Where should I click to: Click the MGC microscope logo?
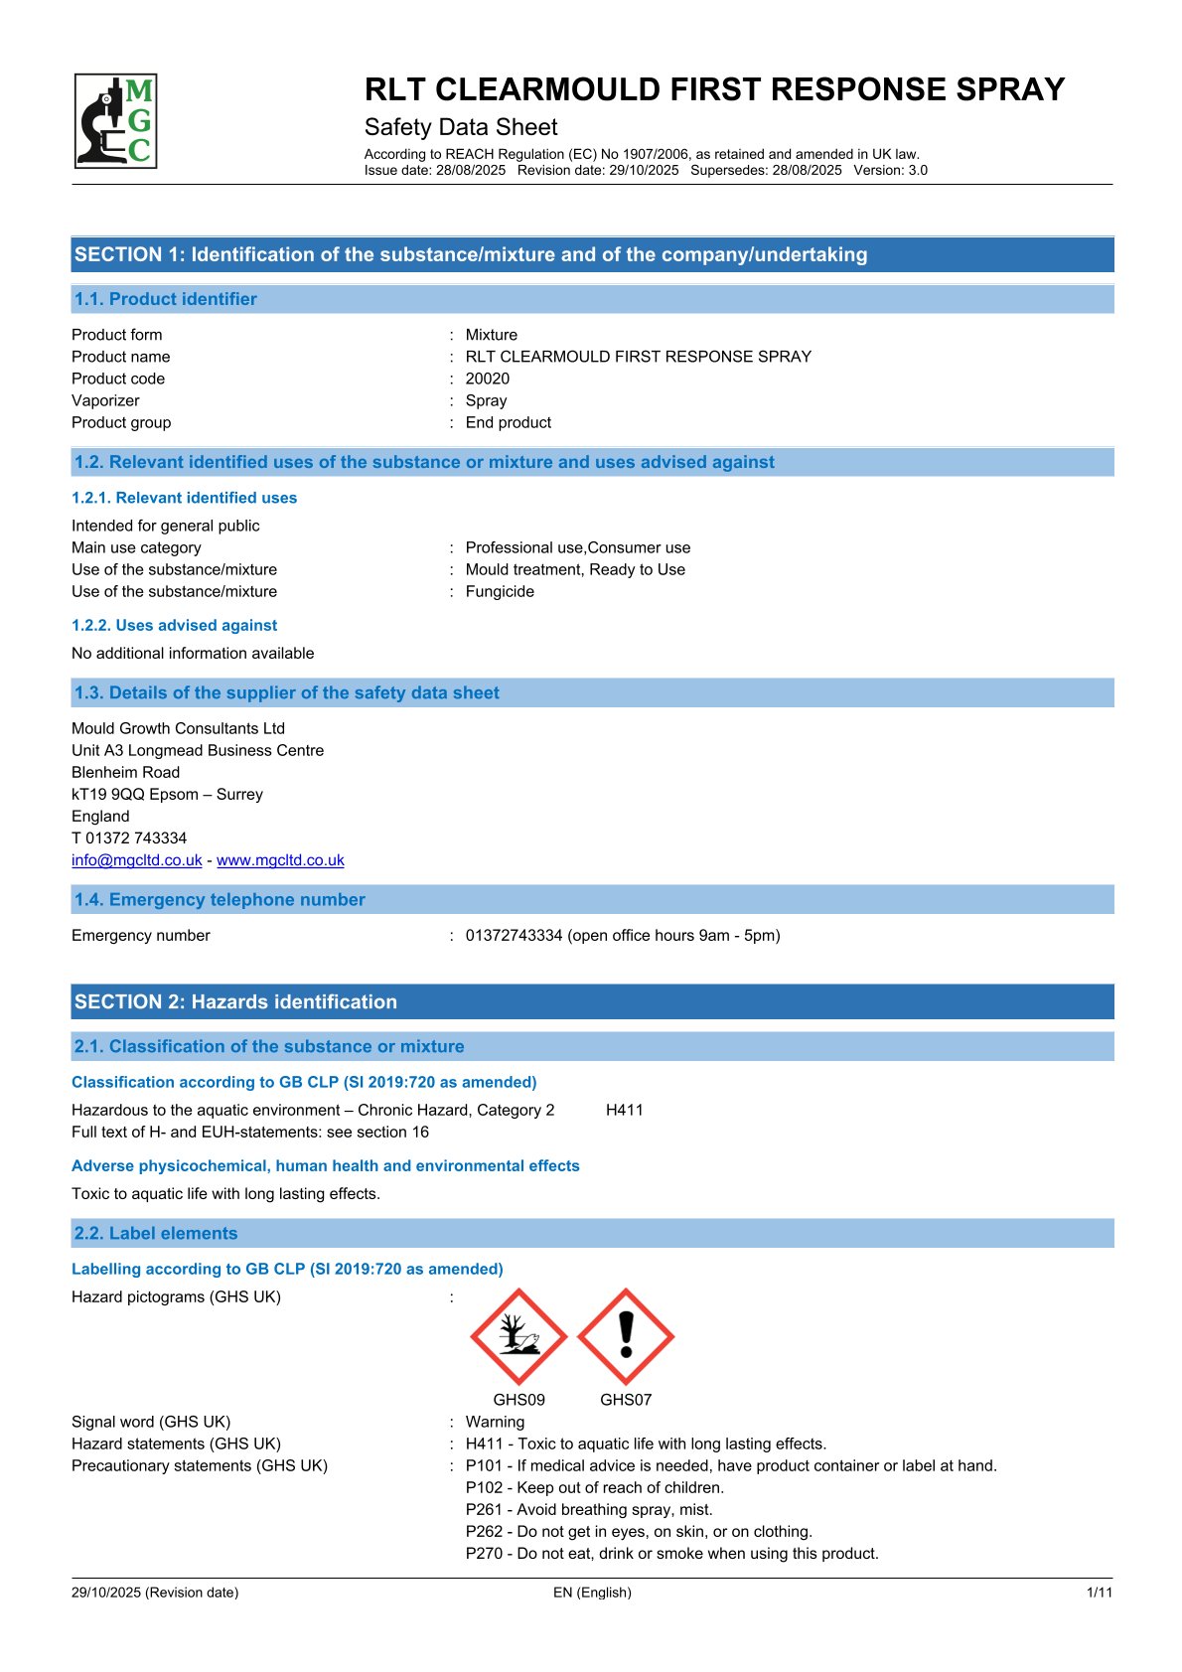(115, 120)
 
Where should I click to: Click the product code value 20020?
(487, 379)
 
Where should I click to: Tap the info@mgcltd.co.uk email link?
(137, 860)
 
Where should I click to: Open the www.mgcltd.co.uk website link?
(280, 860)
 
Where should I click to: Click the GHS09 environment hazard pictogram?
(518, 1336)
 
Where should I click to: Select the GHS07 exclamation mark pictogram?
(626, 1336)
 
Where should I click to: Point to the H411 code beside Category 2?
(624, 1110)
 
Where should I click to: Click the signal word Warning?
(495, 1422)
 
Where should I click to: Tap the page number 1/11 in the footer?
(1100, 1593)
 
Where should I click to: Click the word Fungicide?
(500, 591)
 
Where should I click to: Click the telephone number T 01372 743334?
(129, 837)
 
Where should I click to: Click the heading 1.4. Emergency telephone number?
(220, 900)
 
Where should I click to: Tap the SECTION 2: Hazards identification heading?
(235, 1001)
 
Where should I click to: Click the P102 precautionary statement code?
(484, 1487)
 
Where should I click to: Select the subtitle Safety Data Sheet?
(461, 127)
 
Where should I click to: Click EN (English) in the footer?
(592, 1593)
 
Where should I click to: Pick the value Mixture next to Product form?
(491, 335)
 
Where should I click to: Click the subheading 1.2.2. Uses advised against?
(174, 625)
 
